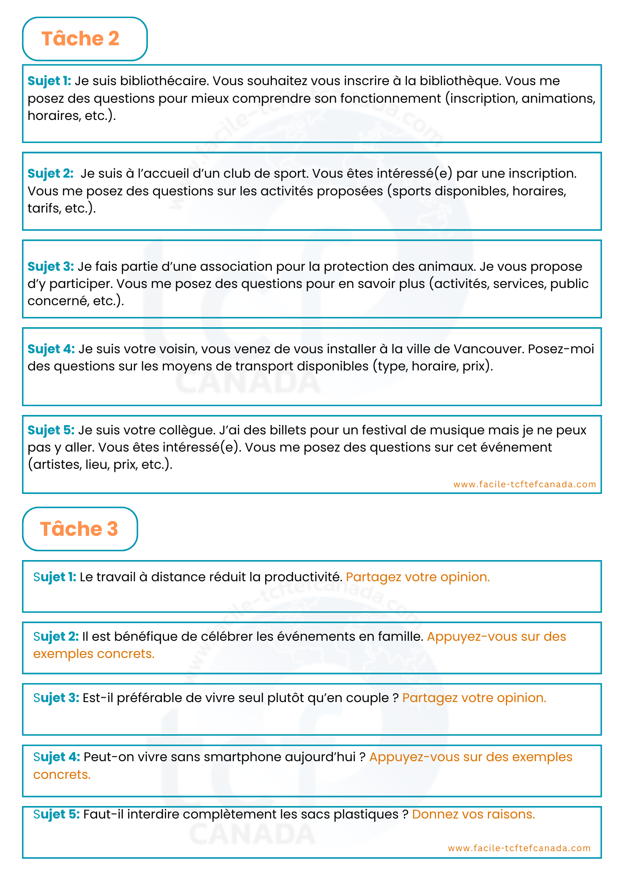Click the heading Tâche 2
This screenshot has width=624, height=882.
[80, 39]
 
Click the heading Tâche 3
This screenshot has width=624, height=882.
[79, 529]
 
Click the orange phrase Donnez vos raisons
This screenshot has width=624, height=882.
[473, 814]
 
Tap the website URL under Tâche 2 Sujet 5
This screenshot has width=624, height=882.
[524, 484]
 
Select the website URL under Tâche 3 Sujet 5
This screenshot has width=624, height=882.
[519, 848]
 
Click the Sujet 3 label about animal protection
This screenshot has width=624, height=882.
[50, 266]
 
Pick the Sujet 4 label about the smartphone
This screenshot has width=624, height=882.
[56, 757]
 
